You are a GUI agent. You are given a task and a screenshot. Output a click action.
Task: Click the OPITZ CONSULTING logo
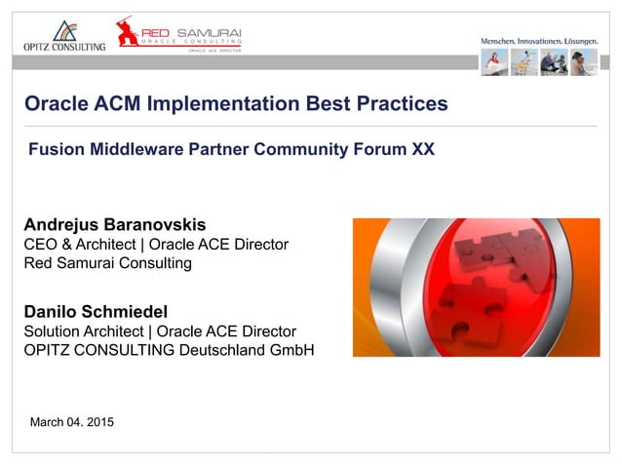[63, 37]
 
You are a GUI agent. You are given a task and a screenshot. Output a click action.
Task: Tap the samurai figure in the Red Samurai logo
[127, 31]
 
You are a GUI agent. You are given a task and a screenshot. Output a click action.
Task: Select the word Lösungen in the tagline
[578, 41]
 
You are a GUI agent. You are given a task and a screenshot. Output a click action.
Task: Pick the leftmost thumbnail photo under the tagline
[494, 62]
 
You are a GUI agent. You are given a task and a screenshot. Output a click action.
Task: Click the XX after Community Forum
[422, 151]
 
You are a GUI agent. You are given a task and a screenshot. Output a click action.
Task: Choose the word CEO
[40, 244]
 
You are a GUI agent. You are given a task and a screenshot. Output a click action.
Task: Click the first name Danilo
[51, 312]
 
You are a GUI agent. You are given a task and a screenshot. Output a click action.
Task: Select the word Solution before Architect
[53, 331]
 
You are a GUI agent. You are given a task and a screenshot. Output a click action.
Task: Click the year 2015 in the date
[97, 421]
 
